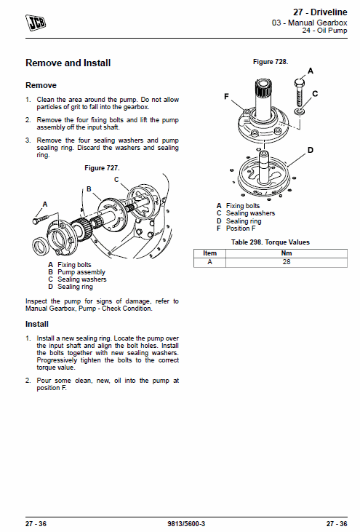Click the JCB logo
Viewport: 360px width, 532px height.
point(36,23)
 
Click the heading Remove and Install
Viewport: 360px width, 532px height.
point(68,63)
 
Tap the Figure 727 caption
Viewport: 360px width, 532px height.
point(102,168)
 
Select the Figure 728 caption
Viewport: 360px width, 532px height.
point(271,62)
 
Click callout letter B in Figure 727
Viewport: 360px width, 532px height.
point(89,189)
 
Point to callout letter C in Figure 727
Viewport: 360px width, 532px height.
point(116,180)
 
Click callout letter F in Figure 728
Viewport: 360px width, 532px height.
point(226,97)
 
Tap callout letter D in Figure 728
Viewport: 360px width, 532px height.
point(311,150)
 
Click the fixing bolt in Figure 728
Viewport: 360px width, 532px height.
point(299,92)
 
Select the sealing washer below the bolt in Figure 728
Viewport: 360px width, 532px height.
point(300,111)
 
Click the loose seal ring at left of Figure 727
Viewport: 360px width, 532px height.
point(40,246)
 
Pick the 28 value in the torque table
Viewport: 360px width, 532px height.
point(287,261)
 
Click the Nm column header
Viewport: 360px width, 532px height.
point(287,253)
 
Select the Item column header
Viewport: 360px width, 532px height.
point(210,253)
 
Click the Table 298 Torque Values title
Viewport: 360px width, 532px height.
point(271,242)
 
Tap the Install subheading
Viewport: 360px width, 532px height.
point(37,324)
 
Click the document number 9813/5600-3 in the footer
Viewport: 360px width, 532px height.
point(186,523)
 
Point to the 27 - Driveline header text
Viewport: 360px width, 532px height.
point(320,12)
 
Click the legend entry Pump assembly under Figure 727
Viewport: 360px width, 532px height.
point(81,272)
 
